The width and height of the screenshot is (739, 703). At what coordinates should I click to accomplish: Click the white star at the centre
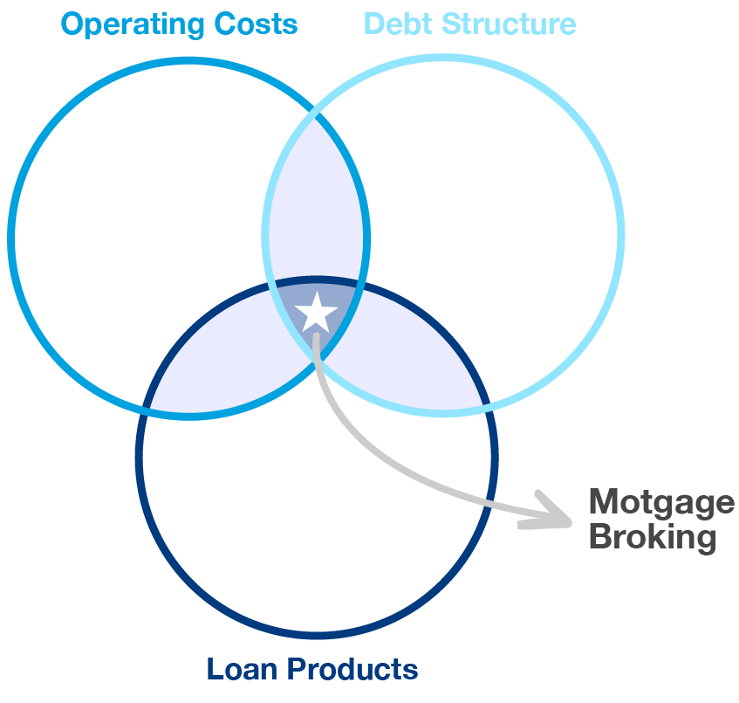tap(316, 312)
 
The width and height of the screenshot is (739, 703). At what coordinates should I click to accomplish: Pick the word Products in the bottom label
tap(352, 670)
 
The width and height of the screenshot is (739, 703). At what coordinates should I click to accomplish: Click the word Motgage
tap(661, 503)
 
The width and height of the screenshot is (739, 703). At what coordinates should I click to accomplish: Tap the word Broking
tap(652, 536)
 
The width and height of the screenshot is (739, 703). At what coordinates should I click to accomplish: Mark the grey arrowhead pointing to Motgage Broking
tap(548, 513)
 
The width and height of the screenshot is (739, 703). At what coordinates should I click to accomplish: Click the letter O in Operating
tap(73, 24)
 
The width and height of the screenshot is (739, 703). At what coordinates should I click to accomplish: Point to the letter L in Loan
tap(214, 670)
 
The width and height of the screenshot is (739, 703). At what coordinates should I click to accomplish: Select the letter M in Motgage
tap(603, 503)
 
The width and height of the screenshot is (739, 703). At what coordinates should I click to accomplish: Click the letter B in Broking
tap(599, 536)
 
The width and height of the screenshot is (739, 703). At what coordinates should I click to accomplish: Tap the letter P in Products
tap(297, 670)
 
